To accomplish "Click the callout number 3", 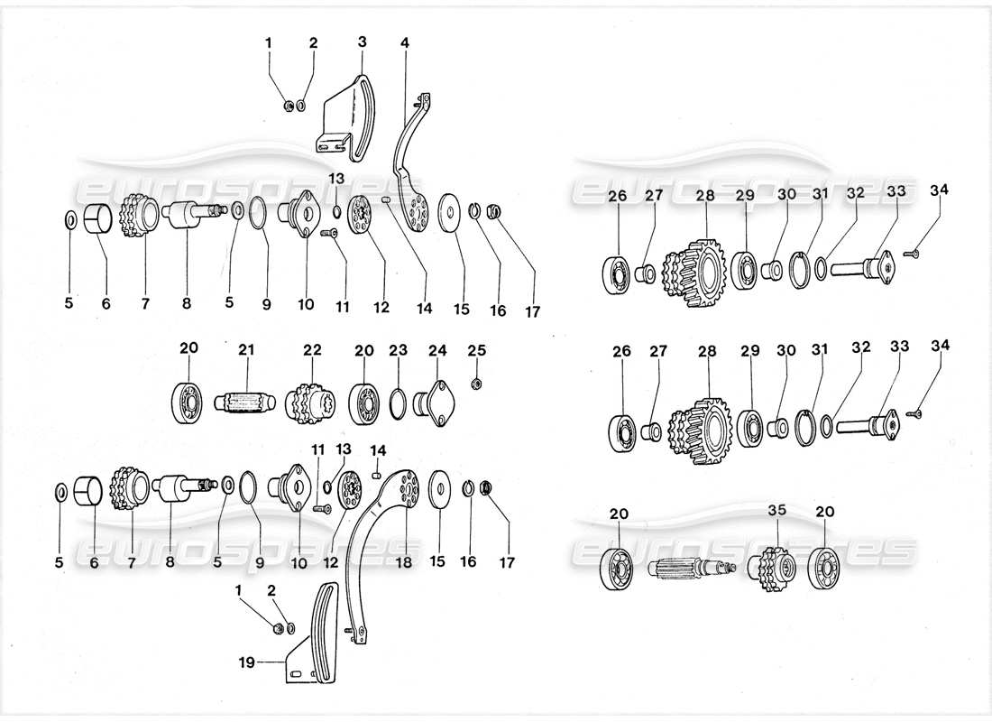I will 362,42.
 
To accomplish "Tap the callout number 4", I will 405,42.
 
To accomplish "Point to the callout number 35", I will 777,510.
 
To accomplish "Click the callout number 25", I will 476,349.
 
